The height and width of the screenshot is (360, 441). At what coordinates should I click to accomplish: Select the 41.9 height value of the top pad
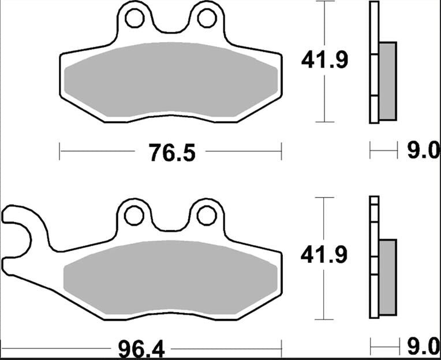[x=324, y=60]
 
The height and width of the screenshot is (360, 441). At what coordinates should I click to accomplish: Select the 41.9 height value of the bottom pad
[x=324, y=255]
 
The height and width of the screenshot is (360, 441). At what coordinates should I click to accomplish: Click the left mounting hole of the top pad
[x=134, y=19]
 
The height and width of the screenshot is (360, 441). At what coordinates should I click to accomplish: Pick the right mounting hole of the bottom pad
[x=206, y=216]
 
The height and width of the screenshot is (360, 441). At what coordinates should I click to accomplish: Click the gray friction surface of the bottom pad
[x=172, y=277]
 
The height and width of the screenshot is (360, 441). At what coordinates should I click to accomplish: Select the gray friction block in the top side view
[x=388, y=80]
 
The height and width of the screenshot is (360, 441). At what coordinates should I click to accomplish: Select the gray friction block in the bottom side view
[x=388, y=277]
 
